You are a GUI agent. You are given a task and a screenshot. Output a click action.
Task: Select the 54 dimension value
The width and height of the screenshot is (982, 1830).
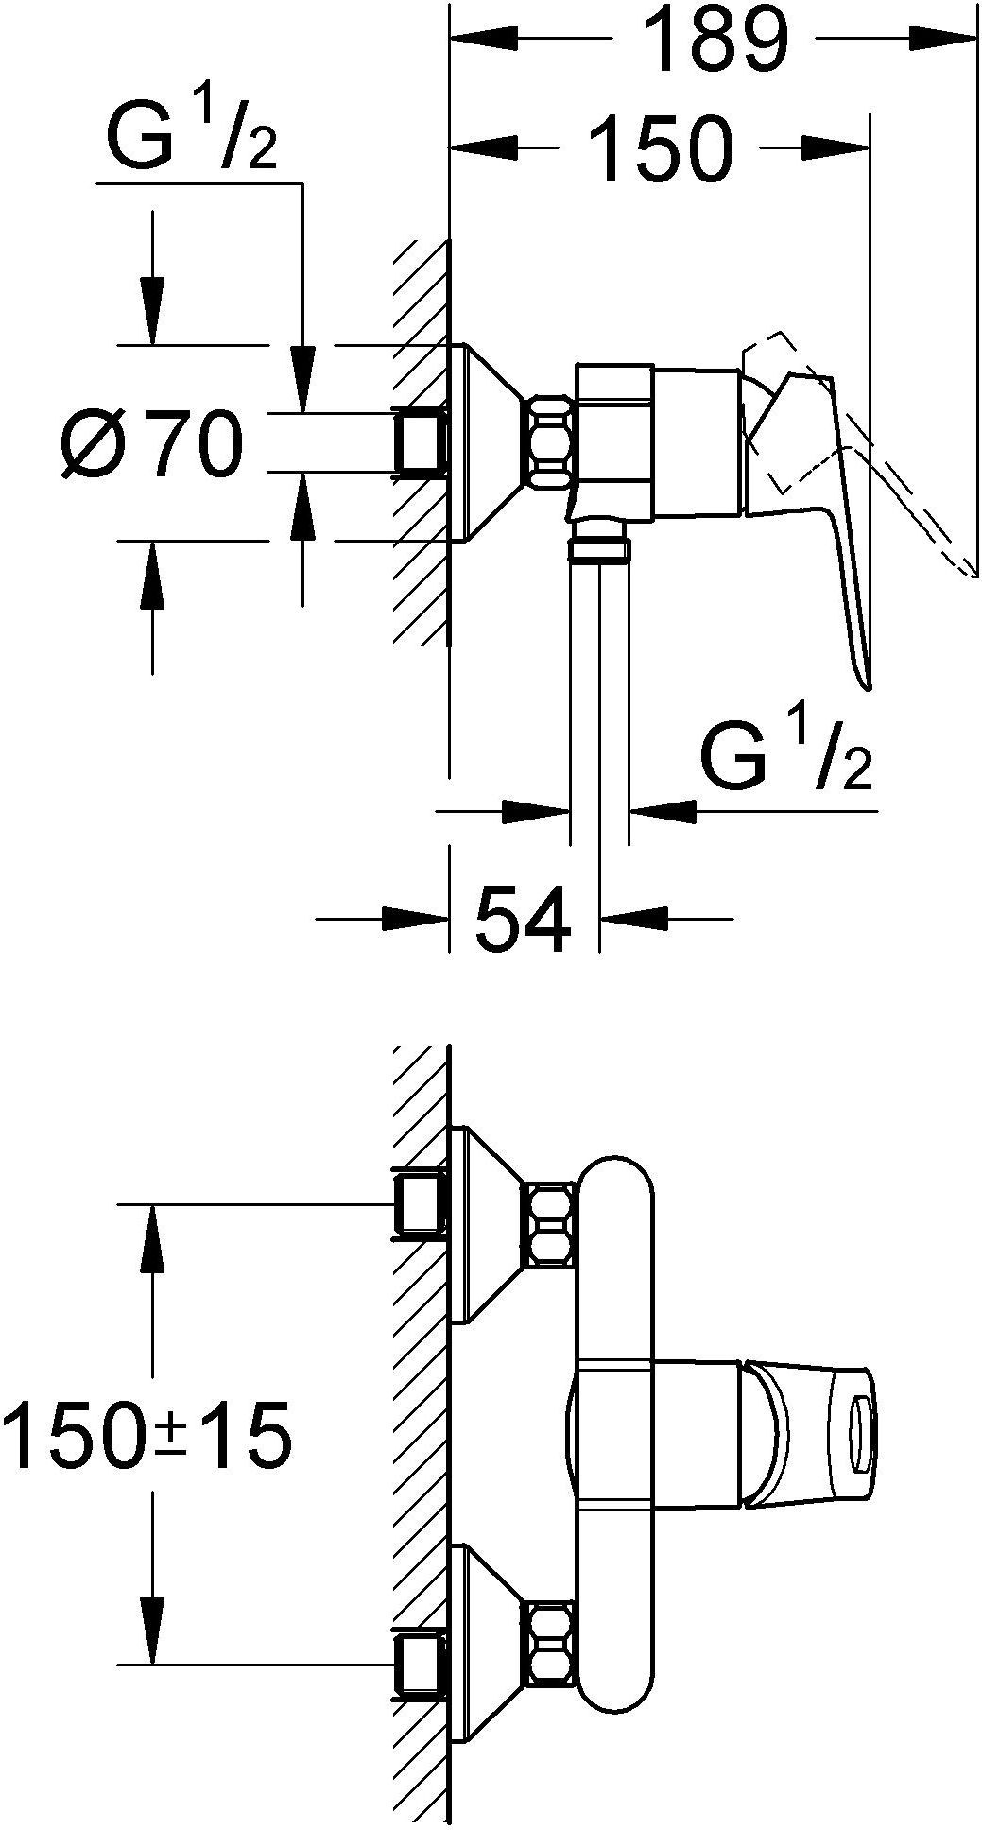click(523, 918)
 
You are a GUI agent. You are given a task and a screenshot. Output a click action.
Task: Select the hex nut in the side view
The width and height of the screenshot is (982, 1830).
click(550, 441)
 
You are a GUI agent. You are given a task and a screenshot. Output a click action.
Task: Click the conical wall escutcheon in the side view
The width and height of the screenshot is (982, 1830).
click(487, 442)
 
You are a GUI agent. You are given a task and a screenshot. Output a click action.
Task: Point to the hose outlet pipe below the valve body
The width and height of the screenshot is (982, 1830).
click(599, 681)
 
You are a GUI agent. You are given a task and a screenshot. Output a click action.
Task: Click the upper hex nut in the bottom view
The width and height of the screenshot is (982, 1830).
click(554, 1224)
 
